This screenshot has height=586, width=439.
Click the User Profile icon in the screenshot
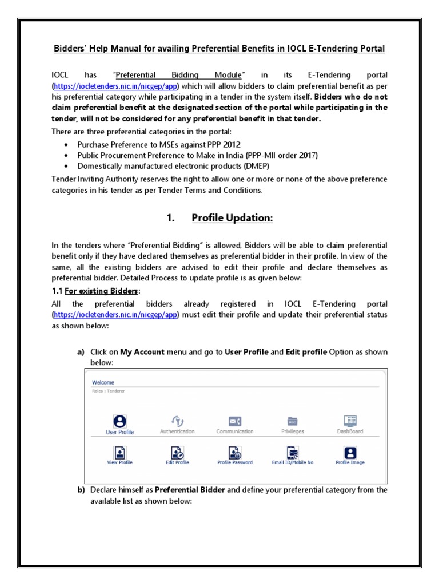(x=119, y=421)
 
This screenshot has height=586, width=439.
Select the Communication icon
(x=234, y=421)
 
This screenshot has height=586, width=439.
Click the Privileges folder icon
(x=292, y=421)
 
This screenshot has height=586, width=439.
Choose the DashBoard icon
(x=350, y=421)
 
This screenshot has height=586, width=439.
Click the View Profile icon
(x=119, y=452)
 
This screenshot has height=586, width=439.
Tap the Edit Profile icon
(x=177, y=452)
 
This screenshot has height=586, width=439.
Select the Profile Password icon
(x=234, y=452)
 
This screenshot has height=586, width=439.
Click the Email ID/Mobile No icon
(x=292, y=452)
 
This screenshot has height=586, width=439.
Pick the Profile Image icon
(x=350, y=452)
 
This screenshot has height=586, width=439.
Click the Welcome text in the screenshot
(x=103, y=382)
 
